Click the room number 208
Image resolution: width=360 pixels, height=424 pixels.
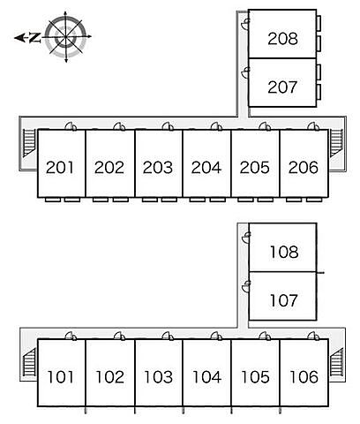tap(282, 39)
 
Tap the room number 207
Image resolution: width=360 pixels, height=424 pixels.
tap(282, 87)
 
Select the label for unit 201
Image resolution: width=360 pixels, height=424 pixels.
tap(60, 168)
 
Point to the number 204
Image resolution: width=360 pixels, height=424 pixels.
tap(206, 168)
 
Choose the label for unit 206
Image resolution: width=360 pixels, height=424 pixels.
tap(304, 168)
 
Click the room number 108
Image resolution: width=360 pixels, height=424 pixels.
tap(284, 252)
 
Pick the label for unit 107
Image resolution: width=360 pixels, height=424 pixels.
tap(284, 300)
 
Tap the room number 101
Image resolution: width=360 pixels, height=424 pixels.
tap(60, 377)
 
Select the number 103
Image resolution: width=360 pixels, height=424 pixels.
tap(158, 377)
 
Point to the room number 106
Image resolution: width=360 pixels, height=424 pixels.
tap(304, 377)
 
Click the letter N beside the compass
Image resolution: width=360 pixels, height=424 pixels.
tap(35, 37)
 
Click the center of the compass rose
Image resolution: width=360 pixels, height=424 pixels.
tap(65, 37)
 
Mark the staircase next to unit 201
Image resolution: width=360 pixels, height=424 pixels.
tap(29, 143)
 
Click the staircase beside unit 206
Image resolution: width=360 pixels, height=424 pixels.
tap(336, 143)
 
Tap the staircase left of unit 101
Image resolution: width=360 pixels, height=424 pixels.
tap(29, 361)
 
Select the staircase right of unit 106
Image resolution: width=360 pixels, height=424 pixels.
tap(337, 361)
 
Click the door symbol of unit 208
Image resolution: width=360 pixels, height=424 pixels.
tap(245, 24)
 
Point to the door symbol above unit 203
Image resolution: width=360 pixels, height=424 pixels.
tap(168, 126)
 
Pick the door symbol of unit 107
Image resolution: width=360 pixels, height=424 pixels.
tap(245, 286)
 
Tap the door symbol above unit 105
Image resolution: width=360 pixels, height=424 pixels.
tap(265, 336)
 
